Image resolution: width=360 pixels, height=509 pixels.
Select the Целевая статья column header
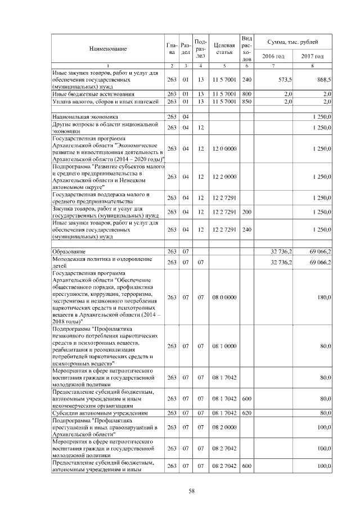pos(224,49)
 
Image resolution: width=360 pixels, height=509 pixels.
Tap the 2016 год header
pos(273,56)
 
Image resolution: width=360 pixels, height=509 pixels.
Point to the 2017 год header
pos(312,56)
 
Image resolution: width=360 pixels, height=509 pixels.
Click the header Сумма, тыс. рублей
pos(292,42)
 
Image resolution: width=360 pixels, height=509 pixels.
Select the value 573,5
pos(283,80)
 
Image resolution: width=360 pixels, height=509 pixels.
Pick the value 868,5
pos(322,80)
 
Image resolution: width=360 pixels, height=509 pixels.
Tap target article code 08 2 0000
pos(224,427)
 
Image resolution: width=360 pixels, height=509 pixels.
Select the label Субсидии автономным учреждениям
pos(100,412)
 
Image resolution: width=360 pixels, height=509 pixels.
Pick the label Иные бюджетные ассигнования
pos(93,94)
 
